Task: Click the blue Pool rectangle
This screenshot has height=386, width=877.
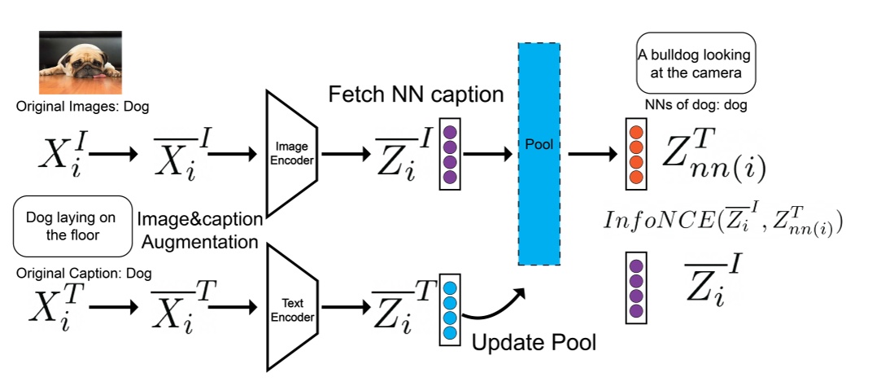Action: [x=539, y=154]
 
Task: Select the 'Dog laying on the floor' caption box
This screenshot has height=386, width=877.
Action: [x=72, y=226]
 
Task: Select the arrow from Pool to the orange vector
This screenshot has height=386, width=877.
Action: [x=592, y=152]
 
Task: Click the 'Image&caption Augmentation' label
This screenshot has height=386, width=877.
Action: [x=200, y=230]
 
